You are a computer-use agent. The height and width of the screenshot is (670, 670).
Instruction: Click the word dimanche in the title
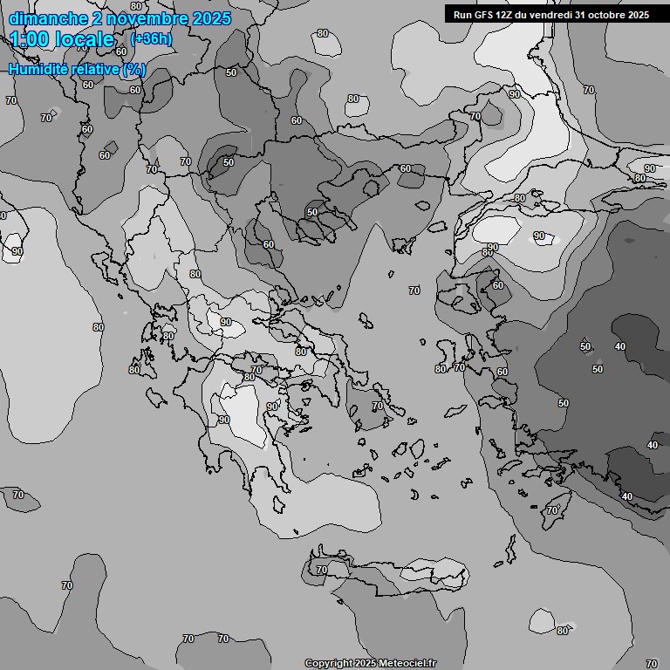(x=49, y=18)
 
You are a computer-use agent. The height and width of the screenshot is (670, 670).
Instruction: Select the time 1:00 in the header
(x=29, y=39)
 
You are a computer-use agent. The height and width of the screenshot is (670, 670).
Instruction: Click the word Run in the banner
(x=464, y=15)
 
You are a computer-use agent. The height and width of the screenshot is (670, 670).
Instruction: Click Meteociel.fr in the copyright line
(x=407, y=664)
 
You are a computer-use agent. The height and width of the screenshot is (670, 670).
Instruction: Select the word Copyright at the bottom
(x=329, y=664)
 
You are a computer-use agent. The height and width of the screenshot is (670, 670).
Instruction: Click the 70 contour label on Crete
(x=321, y=570)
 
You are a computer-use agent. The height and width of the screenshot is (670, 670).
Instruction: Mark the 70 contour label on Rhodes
(x=552, y=510)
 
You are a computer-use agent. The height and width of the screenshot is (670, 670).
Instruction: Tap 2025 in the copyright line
(x=366, y=664)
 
